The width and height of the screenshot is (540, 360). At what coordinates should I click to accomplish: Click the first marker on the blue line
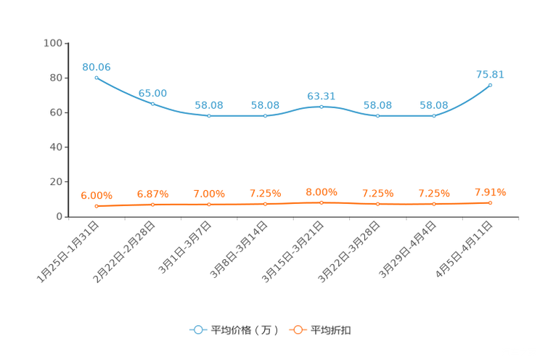(x=96, y=77)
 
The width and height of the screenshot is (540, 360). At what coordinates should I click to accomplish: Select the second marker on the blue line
(x=152, y=104)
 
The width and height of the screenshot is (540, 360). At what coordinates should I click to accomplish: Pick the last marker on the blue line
(x=491, y=84)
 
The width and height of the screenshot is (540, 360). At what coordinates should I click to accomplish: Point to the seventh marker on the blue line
(x=434, y=116)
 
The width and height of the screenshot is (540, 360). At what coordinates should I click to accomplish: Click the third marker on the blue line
(x=209, y=116)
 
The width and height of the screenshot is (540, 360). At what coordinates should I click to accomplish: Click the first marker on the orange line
(x=96, y=206)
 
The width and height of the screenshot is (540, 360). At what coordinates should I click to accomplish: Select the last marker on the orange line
(x=491, y=203)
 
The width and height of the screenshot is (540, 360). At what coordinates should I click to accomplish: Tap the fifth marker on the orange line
(x=322, y=202)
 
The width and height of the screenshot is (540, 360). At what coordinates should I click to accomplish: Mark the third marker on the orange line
(x=209, y=205)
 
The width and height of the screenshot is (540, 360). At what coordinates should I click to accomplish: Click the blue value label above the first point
(x=97, y=67)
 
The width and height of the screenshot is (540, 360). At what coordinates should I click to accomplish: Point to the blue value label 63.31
(x=322, y=96)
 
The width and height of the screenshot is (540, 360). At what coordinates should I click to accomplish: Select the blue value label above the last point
(x=490, y=73)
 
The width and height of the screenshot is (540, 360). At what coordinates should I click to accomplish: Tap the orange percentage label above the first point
(x=97, y=196)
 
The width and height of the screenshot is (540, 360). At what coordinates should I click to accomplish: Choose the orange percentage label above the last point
(x=490, y=192)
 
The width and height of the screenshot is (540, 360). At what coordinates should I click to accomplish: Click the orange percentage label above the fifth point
(x=322, y=192)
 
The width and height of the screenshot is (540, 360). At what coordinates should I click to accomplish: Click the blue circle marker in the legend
(x=198, y=330)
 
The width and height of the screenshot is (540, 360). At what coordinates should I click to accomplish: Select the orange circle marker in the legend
(x=298, y=330)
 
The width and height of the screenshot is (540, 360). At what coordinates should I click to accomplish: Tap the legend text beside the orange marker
(x=332, y=330)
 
